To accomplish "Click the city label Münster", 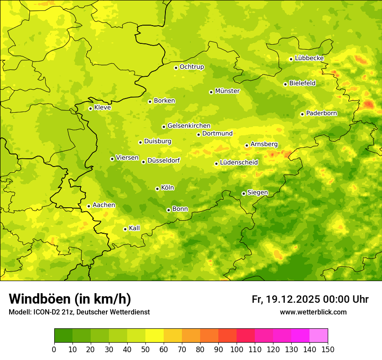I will pos(227,91).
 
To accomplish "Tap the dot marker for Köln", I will pos(157,189).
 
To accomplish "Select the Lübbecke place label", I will pos(309,58).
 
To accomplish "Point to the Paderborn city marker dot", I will pos(302,114).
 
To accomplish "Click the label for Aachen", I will pos(104,205).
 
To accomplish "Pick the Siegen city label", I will pos(257,193).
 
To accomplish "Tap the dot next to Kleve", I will pos(90,108).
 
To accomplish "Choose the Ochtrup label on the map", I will pos(191,67).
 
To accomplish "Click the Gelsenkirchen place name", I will pos(189,126).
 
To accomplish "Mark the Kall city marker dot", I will pos(125,229).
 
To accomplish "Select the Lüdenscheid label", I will pos(239,163).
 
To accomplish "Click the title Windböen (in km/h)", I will pos(70,299).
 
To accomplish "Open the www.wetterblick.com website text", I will pos(313,312).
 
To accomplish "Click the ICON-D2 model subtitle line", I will pos(79,312).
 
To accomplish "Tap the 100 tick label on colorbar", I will pos(237,349).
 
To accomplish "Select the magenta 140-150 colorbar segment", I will pos(319,336).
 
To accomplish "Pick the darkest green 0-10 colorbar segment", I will pos(63,336).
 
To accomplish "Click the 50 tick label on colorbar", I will pos(145,349).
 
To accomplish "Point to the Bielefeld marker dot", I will pos(285,84).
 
